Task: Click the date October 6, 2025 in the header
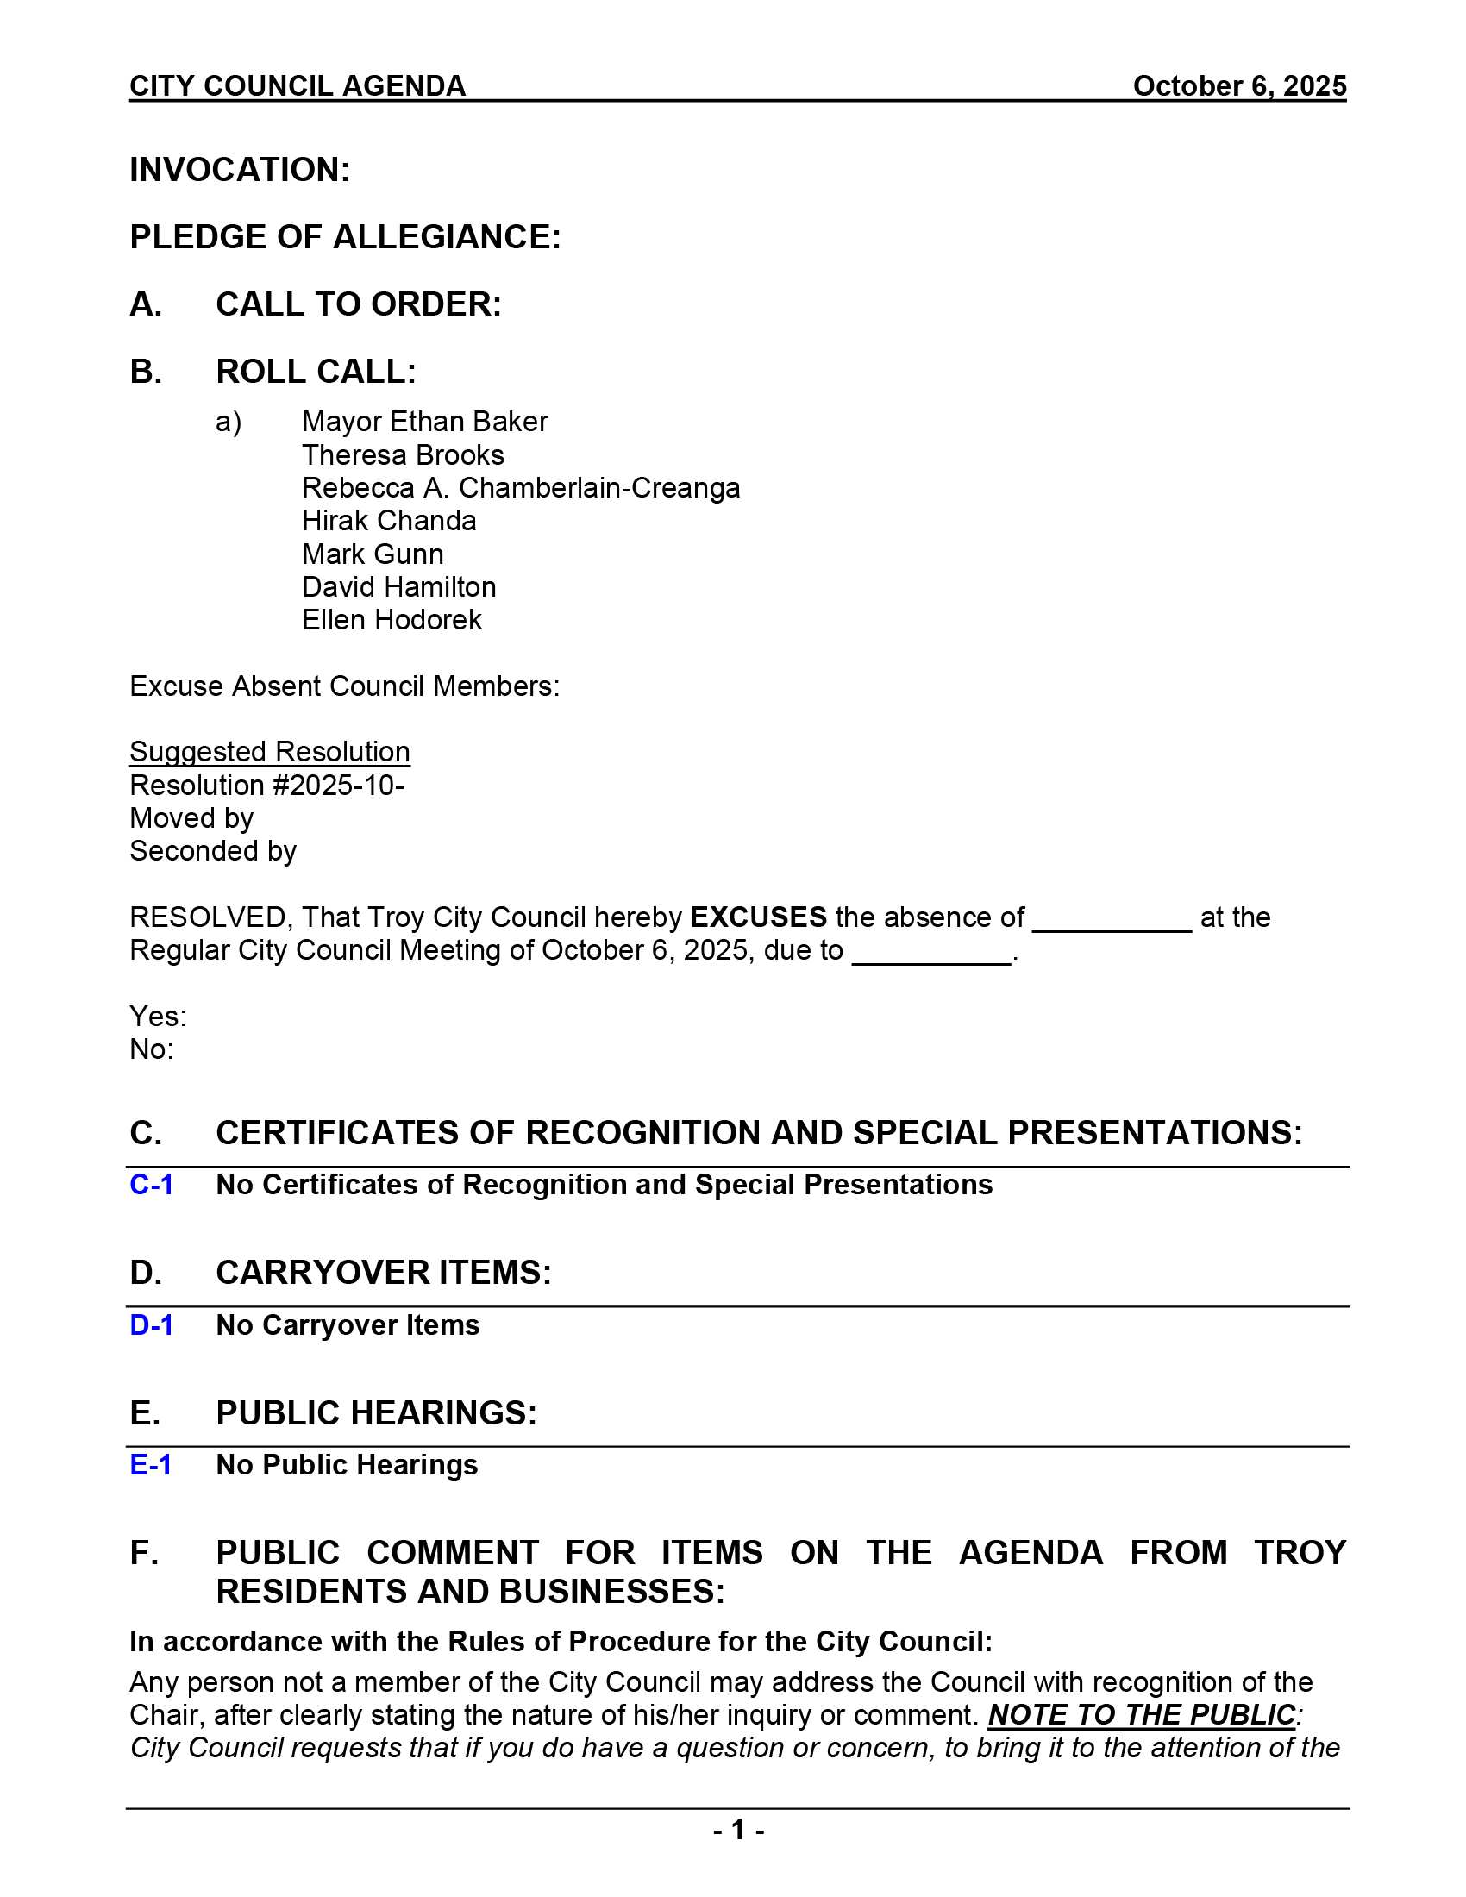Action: point(1238,86)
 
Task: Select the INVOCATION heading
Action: point(240,170)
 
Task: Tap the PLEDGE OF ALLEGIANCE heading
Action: point(345,237)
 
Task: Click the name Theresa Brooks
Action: point(402,455)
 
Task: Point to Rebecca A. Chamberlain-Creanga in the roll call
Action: point(520,488)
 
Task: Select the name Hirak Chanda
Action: point(388,521)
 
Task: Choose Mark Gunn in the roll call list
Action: point(372,554)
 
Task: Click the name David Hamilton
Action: point(398,587)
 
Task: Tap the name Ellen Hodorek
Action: point(391,620)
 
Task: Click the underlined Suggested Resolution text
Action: point(269,752)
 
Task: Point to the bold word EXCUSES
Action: point(757,917)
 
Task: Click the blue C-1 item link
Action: point(151,1185)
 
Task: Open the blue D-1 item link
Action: point(151,1325)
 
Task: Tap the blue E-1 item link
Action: point(150,1465)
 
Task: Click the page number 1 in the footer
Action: point(738,1830)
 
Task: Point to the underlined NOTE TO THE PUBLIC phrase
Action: point(1141,1714)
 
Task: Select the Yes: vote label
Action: point(157,1017)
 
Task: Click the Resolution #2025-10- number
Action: point(266,786)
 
